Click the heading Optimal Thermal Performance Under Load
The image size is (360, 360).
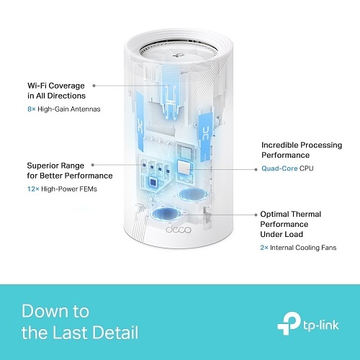[x=291, y=224]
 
